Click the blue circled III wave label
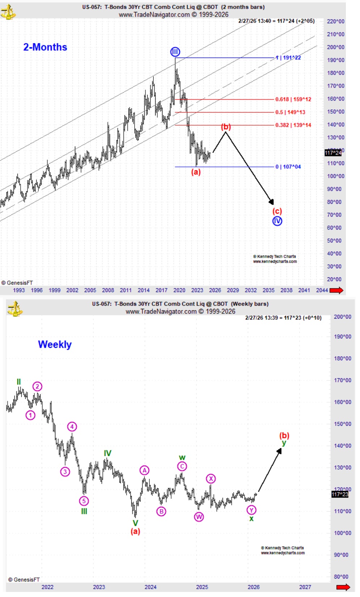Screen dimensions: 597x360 click(x=175, y=52)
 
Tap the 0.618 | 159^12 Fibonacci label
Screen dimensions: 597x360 click(x=293, y=99)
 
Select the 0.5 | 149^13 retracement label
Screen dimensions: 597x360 click(x=290, y=112)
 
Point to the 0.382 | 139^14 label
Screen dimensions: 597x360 click(x=293, y=125)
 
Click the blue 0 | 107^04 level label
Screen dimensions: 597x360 click(x=288, y=167)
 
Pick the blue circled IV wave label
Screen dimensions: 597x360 click(x=277, y=221)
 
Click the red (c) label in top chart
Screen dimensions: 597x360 click(x=277, y=211)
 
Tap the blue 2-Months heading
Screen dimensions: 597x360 click(x=45, y=47)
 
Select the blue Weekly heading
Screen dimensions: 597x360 click(x=55, y=344)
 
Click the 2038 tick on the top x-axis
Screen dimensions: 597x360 click(x=287, y=290)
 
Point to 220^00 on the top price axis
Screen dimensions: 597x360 click(x=335, y=21)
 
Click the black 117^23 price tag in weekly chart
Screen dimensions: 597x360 click(x=340, y=494)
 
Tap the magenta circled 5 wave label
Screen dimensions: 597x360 click(x=84, y=501)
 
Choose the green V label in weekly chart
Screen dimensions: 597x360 click(x=135, y=523)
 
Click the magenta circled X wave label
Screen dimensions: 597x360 click(x=211, y=479)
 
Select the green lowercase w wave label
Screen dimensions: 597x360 click(x=182, y=458)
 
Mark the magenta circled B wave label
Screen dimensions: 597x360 click(x=161, y=512)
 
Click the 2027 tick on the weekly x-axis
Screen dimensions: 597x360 click(x=305, y=587)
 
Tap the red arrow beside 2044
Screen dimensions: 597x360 click(x=336, y=290)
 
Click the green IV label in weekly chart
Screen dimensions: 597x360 click(x=108, y=453)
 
